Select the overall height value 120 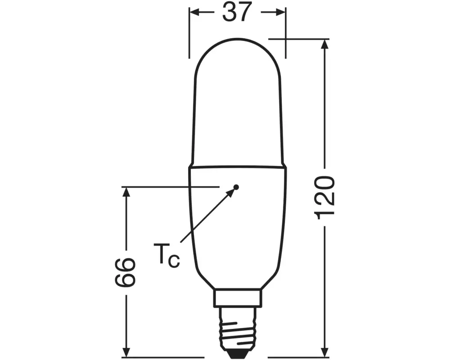(x=325, y=198)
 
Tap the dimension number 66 (x=126, y=273)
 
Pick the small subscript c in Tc (x=174, y=261)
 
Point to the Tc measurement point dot (x=236, y=186)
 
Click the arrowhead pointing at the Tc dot (x=231, y=192)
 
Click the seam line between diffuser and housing (x=237, y=166)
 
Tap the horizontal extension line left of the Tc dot (x=171, y=186)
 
